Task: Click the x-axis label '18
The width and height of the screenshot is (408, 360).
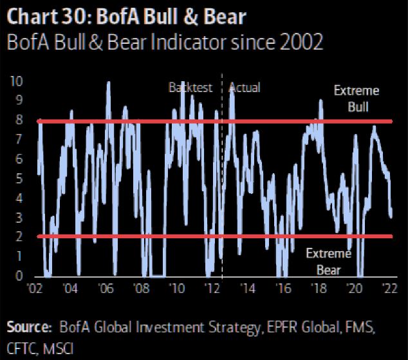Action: (319, 288)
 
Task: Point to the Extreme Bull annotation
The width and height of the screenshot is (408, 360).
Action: (357, 99)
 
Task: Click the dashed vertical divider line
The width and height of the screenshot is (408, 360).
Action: (221, 193)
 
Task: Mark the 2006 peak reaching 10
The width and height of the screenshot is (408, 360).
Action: (108, 82)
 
